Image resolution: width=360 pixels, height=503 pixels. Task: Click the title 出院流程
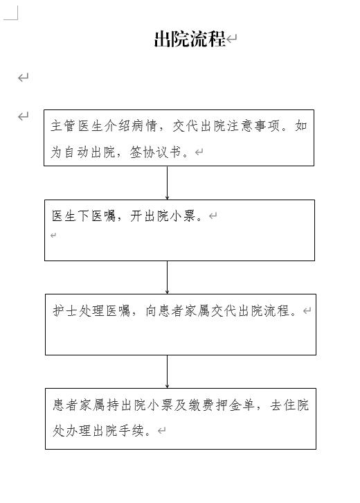click(x=190, y=39)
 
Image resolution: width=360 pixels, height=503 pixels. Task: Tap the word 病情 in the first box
click(x=144, y=126)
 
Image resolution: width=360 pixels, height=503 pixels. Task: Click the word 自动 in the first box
click(x=76, y=152)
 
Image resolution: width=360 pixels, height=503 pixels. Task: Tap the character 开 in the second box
click(x=136, y=216)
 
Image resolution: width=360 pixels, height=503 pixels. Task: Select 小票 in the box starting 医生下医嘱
click(x=183, y=216)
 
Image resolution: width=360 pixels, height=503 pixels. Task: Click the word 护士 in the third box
click(x=65, y=310)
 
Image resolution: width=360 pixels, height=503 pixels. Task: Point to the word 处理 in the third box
click(x=91, y=310)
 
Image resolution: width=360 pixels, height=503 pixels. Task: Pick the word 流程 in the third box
click(x=278, y=310)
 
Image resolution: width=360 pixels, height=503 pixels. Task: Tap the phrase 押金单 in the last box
click(x=235, y=405)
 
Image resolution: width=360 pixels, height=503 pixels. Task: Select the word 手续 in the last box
click(x=132, y=431)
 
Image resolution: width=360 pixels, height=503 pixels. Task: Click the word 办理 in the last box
click(x=78, y=431)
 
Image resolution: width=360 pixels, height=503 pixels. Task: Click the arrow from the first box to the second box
click(x=167, y=183)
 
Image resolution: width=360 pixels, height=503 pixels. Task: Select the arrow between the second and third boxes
click(x=167, y=278)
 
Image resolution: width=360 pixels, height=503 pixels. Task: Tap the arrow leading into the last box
click(x=167, y=372)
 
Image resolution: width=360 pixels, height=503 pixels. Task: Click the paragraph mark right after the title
click(x=232, y=39)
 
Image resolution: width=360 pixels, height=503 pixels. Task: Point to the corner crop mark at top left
click(x=17, y=19)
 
